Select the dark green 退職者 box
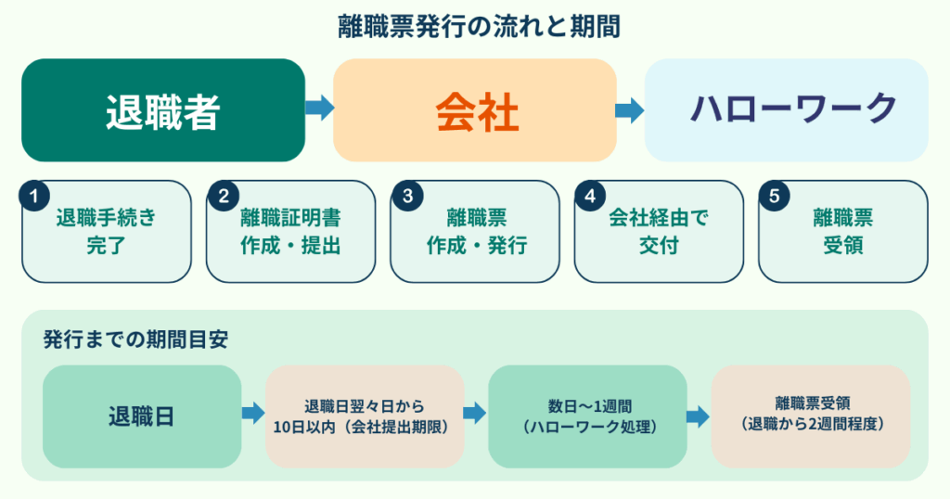tap(163, 110)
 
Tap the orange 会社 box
tap(475, 110)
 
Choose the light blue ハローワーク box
tap(787, 110)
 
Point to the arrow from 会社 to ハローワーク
tap(630, 110)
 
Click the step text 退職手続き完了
tap(106, 232)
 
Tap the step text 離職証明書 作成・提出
tap(289, 232)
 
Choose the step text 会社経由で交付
tap(659, 232)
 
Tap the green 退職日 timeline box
tap(141, 416)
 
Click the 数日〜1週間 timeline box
tap(587, 416)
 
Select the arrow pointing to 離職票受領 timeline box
tap(698, 416)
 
